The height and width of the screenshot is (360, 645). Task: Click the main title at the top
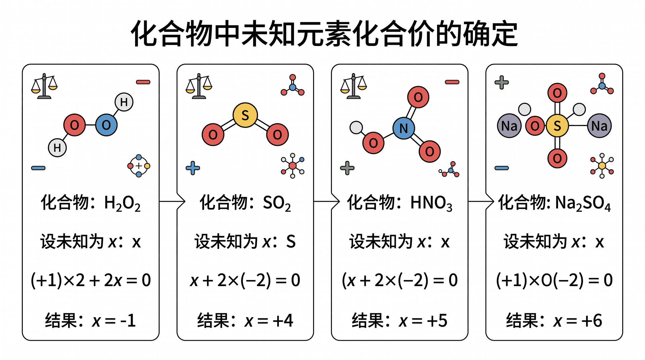pyautogui.click(x=324, y=34)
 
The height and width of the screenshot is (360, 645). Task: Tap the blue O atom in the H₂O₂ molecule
pyautogui.click(x=106, y=125)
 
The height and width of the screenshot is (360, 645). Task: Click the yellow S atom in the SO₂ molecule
pyautogui.click(x=245, y=115)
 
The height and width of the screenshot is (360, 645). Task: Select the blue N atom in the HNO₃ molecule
pyautogui.click(x=404, y=128)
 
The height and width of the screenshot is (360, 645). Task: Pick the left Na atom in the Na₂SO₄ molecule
pyautogui.click(x=509, y=126)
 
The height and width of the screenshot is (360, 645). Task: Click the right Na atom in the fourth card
pyautogui.click(x=599, y=126)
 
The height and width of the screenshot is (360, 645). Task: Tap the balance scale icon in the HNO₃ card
pyautogui.click(x=353, y=86)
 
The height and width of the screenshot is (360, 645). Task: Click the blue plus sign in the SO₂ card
pyautogui.click(x=193, y=168)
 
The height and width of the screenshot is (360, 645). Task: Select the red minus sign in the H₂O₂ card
pyautogui.click(x=143, y=82)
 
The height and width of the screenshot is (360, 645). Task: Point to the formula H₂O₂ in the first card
pyautogui.click(x=122, y=203)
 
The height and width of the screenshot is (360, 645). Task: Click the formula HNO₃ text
pyautogui.click(x=431, y=203)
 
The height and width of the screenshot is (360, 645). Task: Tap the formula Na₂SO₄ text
pyautogui.click(x=583, y=203)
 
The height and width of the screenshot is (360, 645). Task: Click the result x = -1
pyautogui.click(x=114, y=320)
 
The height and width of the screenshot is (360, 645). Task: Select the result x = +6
pyautogui.click(x=577, y=320)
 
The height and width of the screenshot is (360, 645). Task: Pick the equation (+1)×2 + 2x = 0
pyautogui.click(x=91, y=280)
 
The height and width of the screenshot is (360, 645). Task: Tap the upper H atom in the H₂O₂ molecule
pyautogui.click(x=124, y=102)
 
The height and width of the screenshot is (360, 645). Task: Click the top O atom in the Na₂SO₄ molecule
pyautogui.click(x=557, y=93)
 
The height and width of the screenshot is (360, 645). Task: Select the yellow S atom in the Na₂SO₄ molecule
pyautogui.click(x=557, y=126)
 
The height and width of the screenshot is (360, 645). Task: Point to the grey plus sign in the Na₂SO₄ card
pyautogui.click(x=502, y=82)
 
